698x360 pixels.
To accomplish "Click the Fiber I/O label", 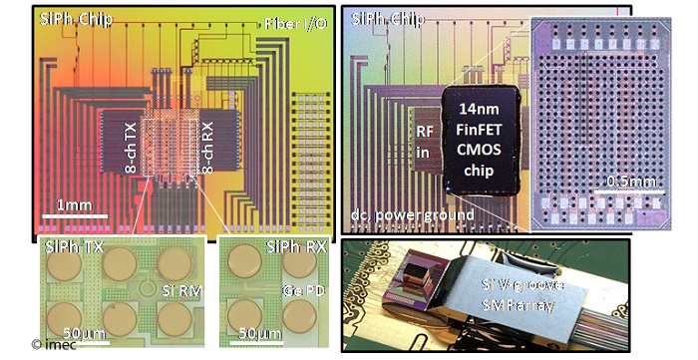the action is coord(292,23).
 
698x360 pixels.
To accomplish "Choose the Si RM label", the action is coord(181,291).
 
